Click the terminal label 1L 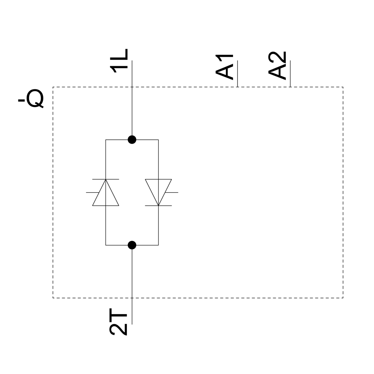(120, 59)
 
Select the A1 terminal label (225, 67)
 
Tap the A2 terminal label (278, 66)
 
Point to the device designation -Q (31, 99)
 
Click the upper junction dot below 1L (132, 140)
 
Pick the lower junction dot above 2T (132, 245)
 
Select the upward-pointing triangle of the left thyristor (106, 194)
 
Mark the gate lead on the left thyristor (92, 192)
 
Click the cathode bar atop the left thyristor (106, 179)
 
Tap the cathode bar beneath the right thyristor (159, 206)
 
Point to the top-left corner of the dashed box (53, 87)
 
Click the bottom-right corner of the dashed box (343, 298)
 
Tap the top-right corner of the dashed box (343, 87)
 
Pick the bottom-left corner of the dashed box (53, 298)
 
